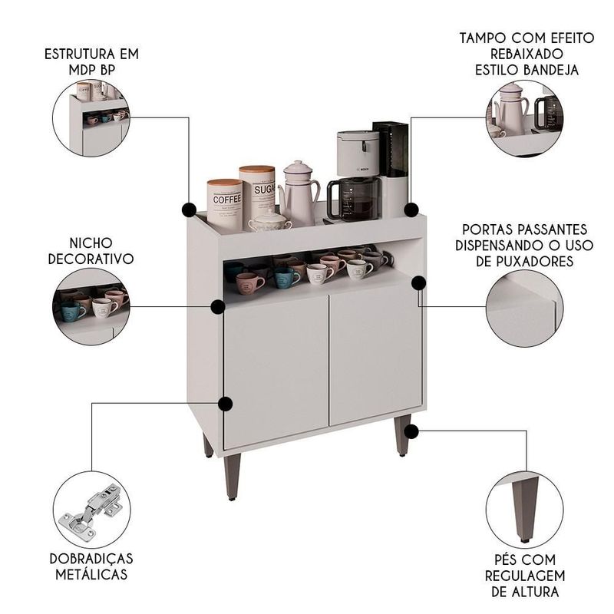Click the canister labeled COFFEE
(x=225, y=204)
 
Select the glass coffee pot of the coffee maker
(x=354, y=199)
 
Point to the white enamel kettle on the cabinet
(x=299, y=193)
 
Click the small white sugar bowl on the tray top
(x=270, y=221)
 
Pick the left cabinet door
(x=276, y=371)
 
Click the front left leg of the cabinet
(x=233, y=477)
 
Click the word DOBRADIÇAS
(x=91, y=559)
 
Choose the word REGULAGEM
(x=525, y=576)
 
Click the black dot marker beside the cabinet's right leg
(x=411, y=431)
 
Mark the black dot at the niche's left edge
(x=218, y=307)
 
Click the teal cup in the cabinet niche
(x=286, y=277)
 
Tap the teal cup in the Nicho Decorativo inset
(x=73, y=311)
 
